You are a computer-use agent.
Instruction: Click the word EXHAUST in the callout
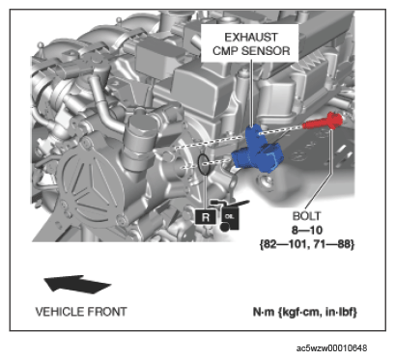coord(251,38)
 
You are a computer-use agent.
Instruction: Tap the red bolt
coord(323,122)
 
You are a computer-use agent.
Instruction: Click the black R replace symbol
coord(206,217)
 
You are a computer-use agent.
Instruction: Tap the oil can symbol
coord(230,215)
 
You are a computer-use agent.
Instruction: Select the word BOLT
coord(306,216)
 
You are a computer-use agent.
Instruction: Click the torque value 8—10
coord(307,230)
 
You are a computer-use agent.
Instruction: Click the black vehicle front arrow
coord(77,284)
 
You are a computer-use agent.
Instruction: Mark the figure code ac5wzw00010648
coord(331,348)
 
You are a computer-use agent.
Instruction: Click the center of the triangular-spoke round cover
coord(93,191)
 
